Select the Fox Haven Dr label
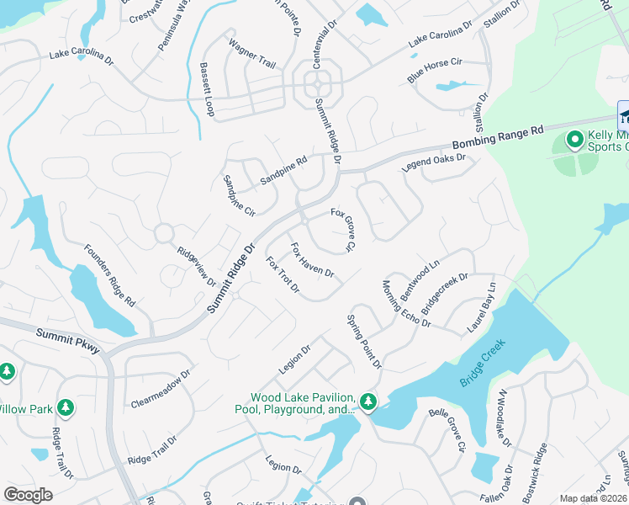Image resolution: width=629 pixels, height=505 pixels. (x=313, y=261)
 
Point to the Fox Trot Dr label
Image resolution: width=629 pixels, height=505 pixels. (x=283, y=275)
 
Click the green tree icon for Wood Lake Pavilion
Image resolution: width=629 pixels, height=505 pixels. (x=368, y=401)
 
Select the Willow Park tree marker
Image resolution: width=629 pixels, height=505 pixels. (x=66, y=408)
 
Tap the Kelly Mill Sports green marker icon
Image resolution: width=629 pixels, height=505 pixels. (x=576, y=139)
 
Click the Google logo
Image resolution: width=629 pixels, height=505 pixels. (x=28, y=495)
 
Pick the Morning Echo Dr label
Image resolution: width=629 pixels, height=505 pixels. (x=406, y=304)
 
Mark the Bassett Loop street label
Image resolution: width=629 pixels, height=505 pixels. (x=207, y=89)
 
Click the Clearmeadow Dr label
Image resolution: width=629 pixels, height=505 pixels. (x=161, y=388)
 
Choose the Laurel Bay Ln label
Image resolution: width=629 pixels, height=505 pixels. (x=482, y=308)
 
